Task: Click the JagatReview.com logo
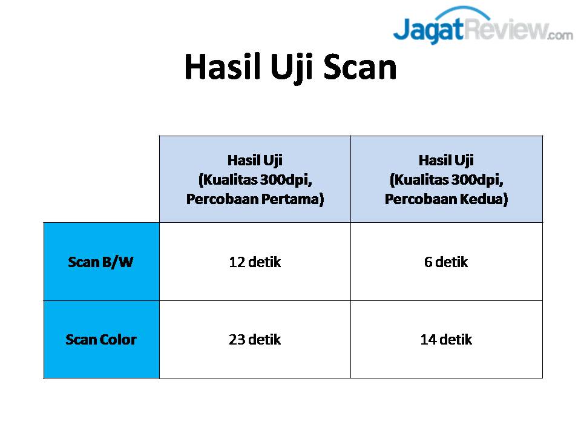[483, 25]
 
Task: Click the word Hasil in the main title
[222, 67]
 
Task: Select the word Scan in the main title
[360, 67]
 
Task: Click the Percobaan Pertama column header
[255, 179]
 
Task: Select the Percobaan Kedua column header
[447, 179]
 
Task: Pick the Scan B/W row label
[101, 262]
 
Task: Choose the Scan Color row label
[101, 340]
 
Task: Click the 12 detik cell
[255, 262]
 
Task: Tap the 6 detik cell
[447, 262]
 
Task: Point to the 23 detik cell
[255, 340]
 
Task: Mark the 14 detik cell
[447, 340]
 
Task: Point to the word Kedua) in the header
[484, 199]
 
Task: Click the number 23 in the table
[237, 340]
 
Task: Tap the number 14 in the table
[428, 340]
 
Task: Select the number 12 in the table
[237, 262]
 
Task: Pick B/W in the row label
[117, 262]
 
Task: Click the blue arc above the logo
[463, 11]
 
